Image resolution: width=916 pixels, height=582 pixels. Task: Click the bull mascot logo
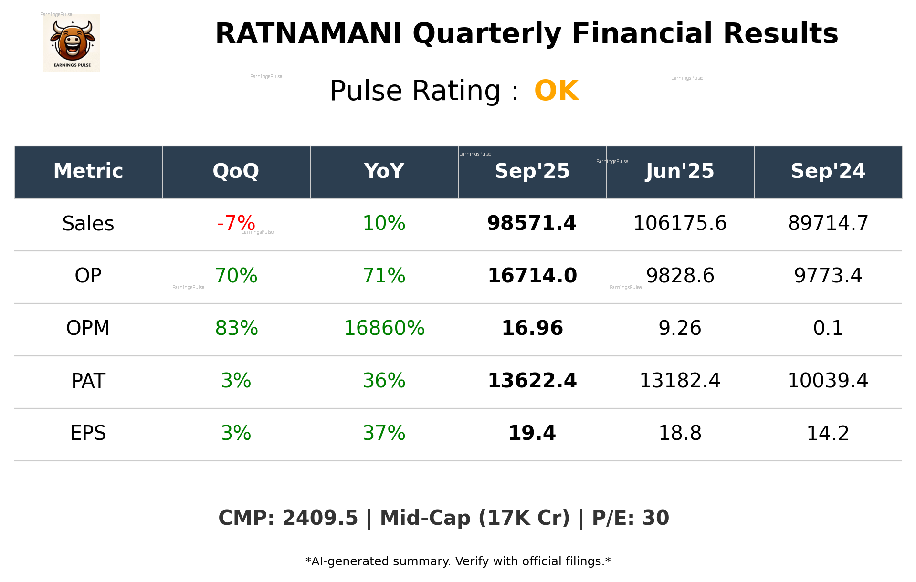tap(72, 43)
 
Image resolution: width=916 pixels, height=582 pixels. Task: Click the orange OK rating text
tap(556, 91)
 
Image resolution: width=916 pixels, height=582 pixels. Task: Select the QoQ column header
tap(236, 171)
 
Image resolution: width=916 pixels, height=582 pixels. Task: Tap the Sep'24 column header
tap(828, 171)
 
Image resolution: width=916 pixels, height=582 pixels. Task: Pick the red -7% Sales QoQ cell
tap(236, 223)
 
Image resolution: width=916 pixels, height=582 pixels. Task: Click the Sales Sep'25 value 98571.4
tap(532, 223)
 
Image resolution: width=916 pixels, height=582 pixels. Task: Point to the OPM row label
tap(88, 328)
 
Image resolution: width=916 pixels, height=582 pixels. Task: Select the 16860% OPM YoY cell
tap(384, 328)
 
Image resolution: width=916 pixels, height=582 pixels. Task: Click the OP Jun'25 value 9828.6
tap(680, 276)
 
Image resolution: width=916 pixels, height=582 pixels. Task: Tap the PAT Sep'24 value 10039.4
tap(828, 381)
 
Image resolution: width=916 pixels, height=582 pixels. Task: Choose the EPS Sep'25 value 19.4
tap(532, 433)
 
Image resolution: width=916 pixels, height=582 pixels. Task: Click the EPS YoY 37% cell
tap(384, 433)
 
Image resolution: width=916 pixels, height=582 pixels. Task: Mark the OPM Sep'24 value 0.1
tap(828, 328)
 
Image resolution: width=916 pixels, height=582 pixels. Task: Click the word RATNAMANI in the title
tap(308, 34)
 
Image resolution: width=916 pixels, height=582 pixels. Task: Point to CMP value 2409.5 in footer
tap(320, 518)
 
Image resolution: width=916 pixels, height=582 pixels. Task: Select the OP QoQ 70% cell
tap(236, 276)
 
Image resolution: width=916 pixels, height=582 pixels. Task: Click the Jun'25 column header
tap(680, 171)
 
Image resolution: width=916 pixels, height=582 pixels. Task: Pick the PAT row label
tap(88, 381)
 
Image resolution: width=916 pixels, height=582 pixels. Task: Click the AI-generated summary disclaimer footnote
tap(458, 561)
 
